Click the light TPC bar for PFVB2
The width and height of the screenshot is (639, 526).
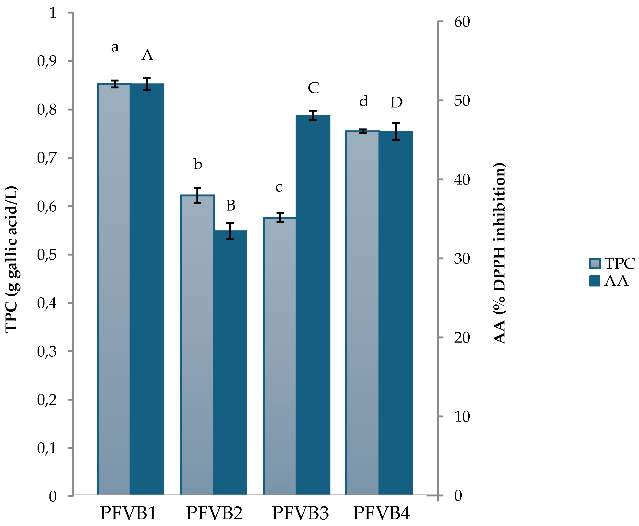(197, 345)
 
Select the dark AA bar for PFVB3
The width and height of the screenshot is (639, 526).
(313, 306)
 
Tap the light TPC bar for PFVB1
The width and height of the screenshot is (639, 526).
(114, 291)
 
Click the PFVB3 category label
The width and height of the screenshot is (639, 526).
(300, 513)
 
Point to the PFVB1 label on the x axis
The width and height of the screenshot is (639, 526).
(128, 513)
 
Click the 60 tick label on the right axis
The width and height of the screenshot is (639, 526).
(462, 22)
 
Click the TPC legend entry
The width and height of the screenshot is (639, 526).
(612, 263)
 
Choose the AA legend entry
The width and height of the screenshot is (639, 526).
(609, 281)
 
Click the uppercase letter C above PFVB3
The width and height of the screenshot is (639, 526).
(313, 88)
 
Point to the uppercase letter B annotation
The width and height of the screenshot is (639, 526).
(231, 206)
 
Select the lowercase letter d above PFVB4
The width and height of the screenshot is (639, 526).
(364, 101)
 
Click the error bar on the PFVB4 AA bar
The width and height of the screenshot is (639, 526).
(396, 131)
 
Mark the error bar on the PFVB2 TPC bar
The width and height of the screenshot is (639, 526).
(197, 195)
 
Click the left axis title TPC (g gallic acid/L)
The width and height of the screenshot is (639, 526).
(12, 259)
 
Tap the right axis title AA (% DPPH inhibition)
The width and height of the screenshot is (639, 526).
(499, 253)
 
